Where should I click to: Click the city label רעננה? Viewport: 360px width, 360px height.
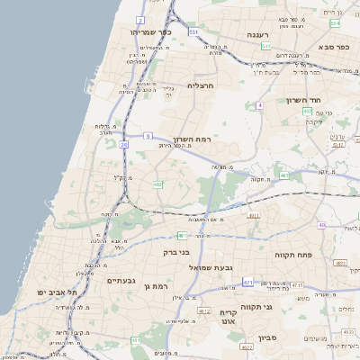(x=260, y=34)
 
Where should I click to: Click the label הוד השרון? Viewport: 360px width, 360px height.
(x=304, y=100)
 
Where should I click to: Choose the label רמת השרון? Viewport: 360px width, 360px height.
(x=190, y=140)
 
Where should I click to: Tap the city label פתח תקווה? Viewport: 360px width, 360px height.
(x=296, y=255)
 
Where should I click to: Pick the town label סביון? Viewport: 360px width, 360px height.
(x=268, y=338)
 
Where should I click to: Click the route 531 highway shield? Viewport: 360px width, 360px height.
(x=193, y=31)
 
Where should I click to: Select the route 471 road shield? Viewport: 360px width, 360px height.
(x=247, y=282)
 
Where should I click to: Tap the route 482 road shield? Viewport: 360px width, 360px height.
(x=157, y=184)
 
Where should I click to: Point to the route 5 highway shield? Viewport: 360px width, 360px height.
(x=147, y=136)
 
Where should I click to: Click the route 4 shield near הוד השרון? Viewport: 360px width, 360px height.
(x=259, y=105)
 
